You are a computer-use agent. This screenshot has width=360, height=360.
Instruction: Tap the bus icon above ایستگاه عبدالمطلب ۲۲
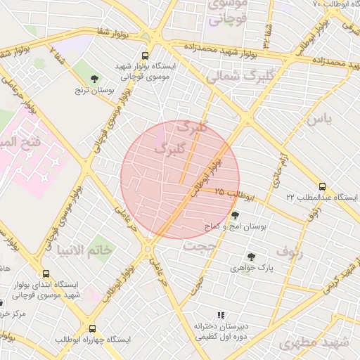(322, 186)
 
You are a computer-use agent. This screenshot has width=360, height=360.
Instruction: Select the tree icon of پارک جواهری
(250, 257)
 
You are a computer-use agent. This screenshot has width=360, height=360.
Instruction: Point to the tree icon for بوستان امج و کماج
(234, 215)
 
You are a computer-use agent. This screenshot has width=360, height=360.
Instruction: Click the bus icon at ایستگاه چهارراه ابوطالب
(92, 328)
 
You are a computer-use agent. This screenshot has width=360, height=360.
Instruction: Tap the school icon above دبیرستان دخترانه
(221, 316)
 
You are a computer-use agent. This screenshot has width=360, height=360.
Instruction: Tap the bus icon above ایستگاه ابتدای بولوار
(46, 274)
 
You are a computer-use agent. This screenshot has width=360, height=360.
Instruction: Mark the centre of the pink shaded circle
(180, 179)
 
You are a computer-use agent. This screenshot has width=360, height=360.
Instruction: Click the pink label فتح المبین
(17, 142)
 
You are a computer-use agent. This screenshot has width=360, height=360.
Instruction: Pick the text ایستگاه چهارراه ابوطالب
(93, 340)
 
